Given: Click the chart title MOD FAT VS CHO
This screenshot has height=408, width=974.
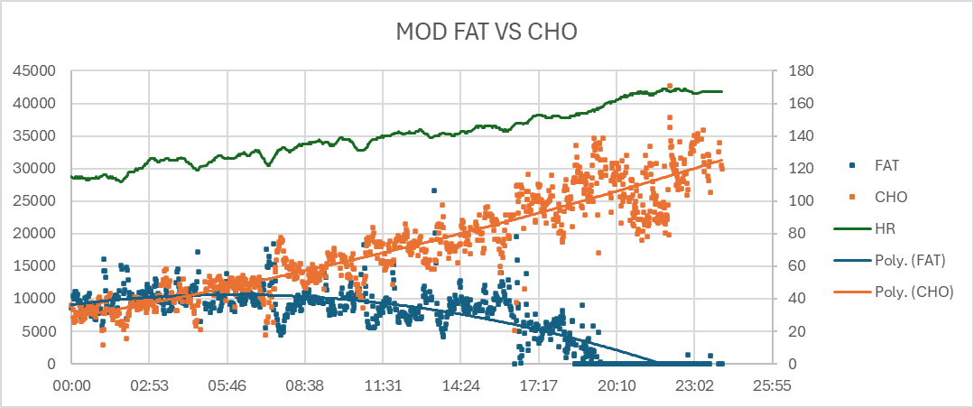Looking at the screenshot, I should coord(487,32).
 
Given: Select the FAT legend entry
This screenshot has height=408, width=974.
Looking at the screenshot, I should coord(886,166).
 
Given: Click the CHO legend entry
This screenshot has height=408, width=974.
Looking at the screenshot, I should coord(889,197).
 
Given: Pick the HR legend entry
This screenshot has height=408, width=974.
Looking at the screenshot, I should coord(884,228).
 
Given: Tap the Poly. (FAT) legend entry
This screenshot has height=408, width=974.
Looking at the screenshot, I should coord(910,260).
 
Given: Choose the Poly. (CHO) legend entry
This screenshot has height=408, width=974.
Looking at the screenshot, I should coord(913,292).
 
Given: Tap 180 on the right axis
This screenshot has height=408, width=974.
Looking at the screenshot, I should coord(799,71).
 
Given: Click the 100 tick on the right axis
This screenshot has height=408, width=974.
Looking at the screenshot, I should coord(799,201).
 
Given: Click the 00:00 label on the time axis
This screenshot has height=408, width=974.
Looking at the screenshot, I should coord(70,385).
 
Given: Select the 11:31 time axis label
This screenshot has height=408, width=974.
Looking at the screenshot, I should coord(383,385).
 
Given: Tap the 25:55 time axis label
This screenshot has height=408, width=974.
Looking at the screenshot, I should coord(772,385).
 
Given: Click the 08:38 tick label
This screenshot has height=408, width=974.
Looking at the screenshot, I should coord(304,385).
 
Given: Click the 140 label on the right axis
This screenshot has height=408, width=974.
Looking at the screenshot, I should coord(799,136).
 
